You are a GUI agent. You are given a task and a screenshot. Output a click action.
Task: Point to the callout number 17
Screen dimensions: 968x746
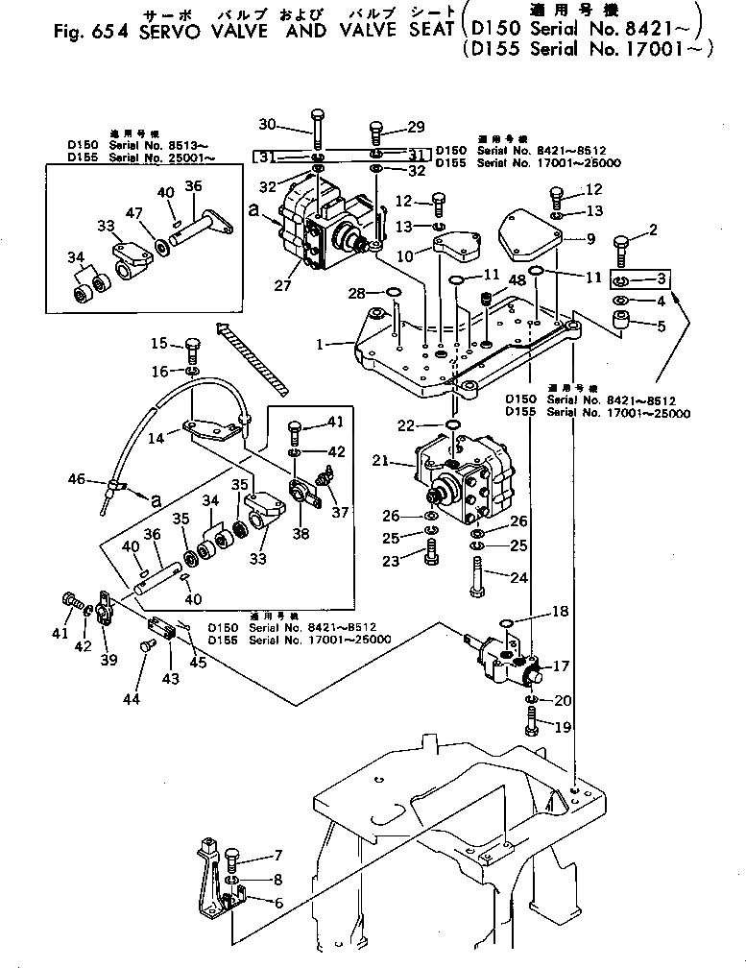tap(561, 665)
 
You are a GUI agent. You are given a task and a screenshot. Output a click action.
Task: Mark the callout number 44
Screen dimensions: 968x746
tap(132, 699)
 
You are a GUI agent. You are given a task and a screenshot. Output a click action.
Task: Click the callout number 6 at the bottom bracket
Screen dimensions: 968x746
tap(278, 902)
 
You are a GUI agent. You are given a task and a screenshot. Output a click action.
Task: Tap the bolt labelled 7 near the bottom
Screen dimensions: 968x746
tap(233, 858)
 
